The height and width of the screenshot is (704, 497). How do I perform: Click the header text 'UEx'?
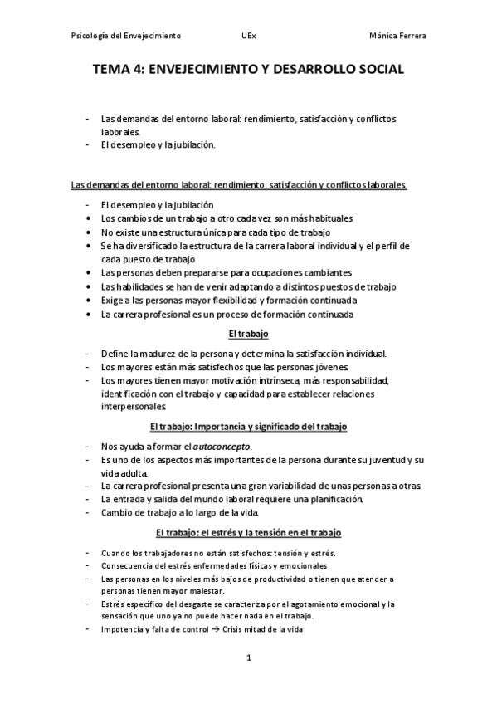[x=248, y=37]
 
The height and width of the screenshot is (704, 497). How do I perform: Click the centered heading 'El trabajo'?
[x=249, y=334]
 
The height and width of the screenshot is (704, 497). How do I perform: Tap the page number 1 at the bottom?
[x=248, y=658]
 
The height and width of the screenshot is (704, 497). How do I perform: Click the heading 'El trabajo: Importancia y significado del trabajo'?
[x=248, y=427]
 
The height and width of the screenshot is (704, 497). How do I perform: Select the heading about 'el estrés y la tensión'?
[x=248, y=532]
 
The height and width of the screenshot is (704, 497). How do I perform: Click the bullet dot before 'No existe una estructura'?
[x=90, y=232]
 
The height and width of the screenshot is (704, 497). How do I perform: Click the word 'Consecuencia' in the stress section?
[x=127, y=565]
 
